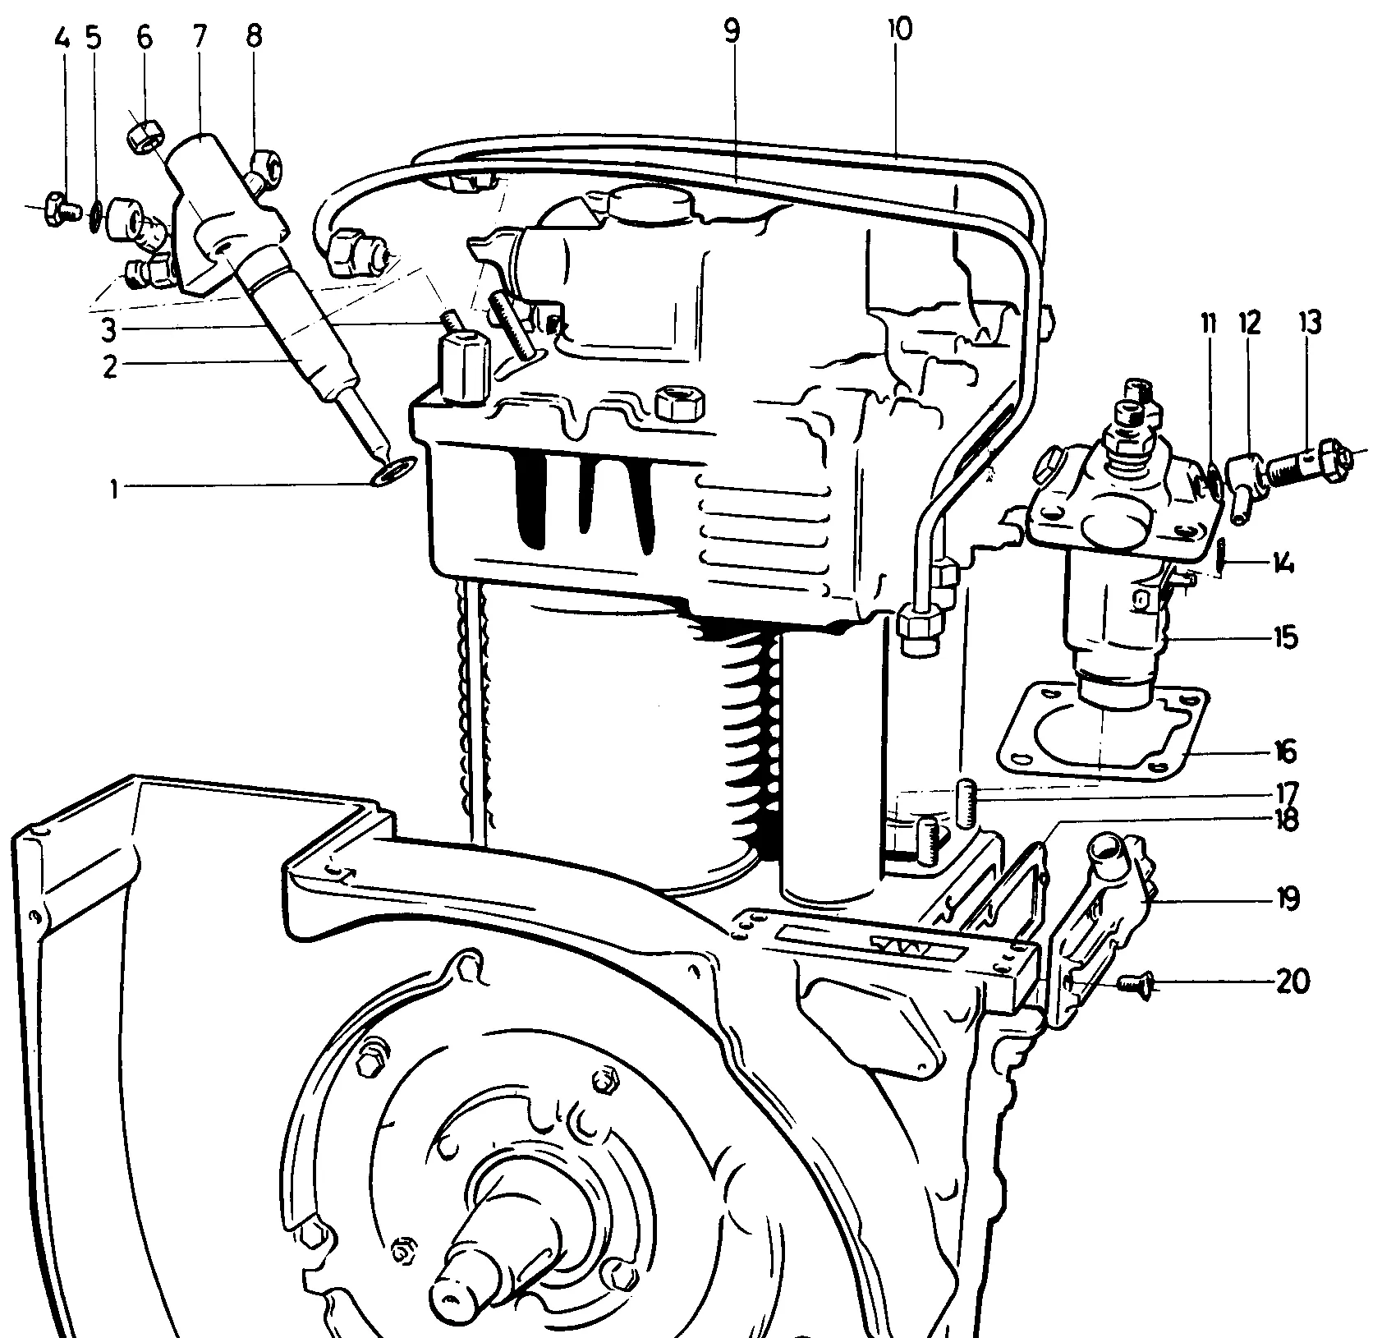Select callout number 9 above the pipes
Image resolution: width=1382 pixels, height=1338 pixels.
click(732, 31)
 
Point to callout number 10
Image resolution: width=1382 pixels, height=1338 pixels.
click(899, 30)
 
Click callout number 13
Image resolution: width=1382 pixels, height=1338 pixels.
click(1310, 324)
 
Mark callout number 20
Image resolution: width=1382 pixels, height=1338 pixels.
click(1292, 982)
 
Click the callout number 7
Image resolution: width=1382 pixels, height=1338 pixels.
click(200, 38)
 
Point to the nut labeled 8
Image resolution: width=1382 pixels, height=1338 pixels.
click(264, 170)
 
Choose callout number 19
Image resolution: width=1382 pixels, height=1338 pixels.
click(1287, 899)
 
